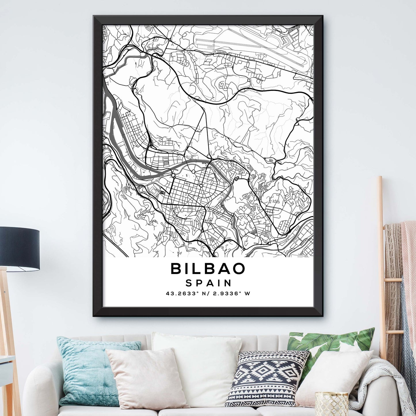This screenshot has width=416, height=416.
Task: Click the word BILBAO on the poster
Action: click(x=208, y=269)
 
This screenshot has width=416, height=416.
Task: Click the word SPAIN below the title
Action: click(x=208, y=283)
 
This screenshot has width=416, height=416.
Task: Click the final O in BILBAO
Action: click(x=239, y=269)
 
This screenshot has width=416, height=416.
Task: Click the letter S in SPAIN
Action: click(x=189, y=283)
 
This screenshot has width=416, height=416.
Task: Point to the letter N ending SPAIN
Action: click(x=228, y=283)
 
